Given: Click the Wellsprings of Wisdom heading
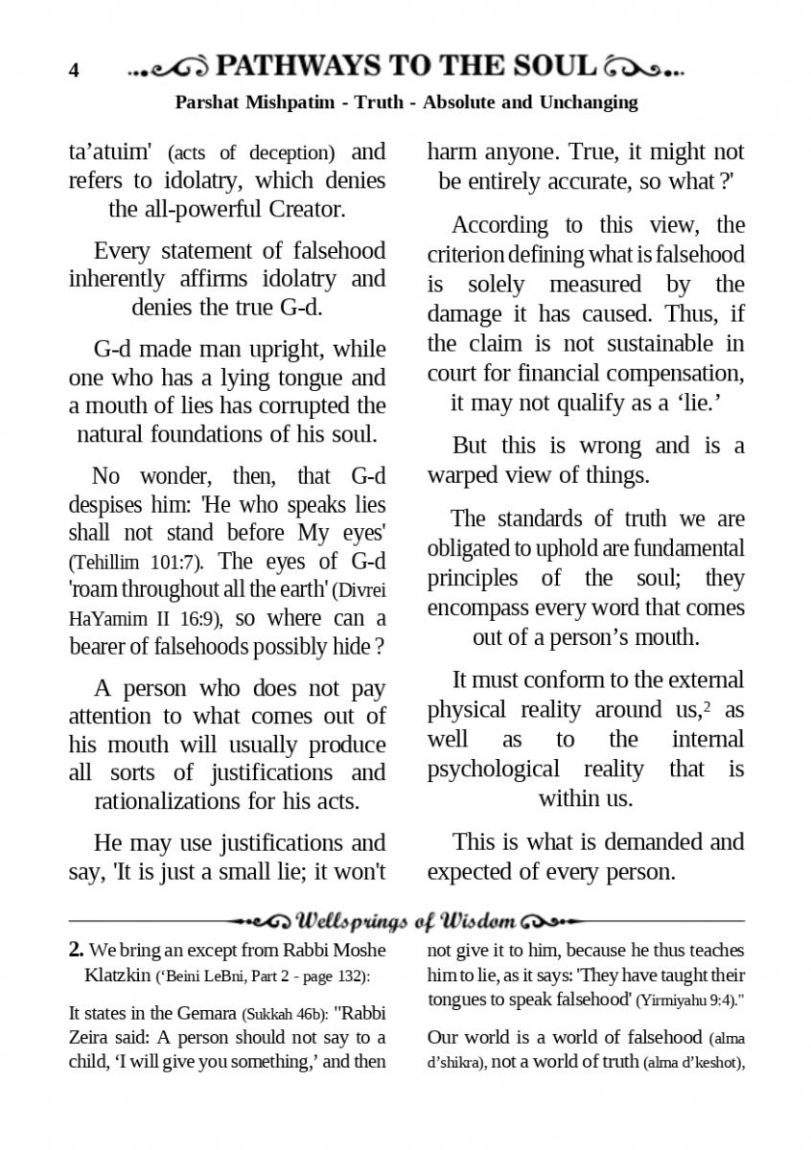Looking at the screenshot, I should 405,921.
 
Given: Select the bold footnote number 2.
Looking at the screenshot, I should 76,950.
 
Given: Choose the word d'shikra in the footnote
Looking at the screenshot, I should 456,1063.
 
